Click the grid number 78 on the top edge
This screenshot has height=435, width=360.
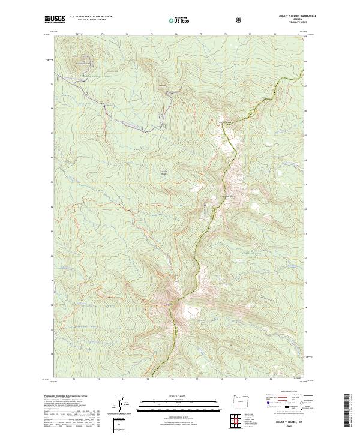pyautogui.click(x=225, y=34)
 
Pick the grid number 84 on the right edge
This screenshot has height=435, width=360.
pyautogui.click(x=307, y=160)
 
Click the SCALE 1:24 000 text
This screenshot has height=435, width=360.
pyautogui.click(x=170, y=397)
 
